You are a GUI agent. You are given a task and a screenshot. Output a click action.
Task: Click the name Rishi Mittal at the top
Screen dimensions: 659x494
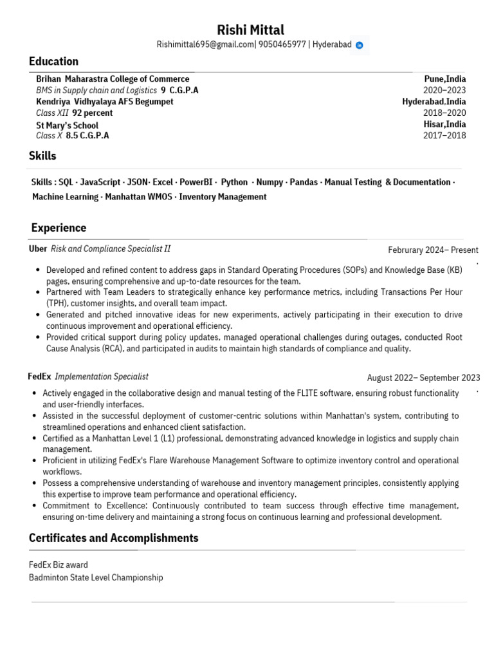[250, 30]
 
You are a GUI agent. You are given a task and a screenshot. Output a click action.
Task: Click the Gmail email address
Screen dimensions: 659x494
[206, 45]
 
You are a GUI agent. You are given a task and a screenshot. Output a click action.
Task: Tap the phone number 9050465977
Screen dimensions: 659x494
[282, 45]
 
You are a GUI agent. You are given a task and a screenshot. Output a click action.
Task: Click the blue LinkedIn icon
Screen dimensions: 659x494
[360, 45]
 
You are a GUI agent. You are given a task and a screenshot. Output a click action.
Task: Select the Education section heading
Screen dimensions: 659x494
[53, 62]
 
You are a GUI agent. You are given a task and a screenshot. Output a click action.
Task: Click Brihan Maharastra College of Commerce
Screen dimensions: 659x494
[113, 79]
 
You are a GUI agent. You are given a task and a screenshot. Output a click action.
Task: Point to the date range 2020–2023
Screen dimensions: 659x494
[444, 90]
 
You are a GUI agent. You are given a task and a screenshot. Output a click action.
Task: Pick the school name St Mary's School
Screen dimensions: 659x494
[67, 125]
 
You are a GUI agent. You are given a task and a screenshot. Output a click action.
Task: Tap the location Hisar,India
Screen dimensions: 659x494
[444, 124]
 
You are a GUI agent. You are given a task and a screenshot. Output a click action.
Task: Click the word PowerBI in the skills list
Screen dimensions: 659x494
[196, 182]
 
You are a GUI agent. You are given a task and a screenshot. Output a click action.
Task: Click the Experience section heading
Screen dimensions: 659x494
[59, 228]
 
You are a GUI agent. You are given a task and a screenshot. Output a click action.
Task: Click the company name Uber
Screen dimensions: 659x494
[38, 248]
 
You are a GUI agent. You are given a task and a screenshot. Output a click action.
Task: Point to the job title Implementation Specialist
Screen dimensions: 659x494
[102, 376]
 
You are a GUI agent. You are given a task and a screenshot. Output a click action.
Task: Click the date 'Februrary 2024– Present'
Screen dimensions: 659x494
[433, 250]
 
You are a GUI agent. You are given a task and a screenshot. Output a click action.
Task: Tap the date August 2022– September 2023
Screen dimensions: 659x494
[423, 378]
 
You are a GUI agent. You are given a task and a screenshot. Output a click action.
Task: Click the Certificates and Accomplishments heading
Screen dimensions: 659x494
[113, 538]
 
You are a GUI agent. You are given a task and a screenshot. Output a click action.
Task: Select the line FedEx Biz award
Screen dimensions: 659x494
[59, 565]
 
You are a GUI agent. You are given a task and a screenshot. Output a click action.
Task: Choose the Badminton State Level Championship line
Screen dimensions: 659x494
[96, 577]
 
